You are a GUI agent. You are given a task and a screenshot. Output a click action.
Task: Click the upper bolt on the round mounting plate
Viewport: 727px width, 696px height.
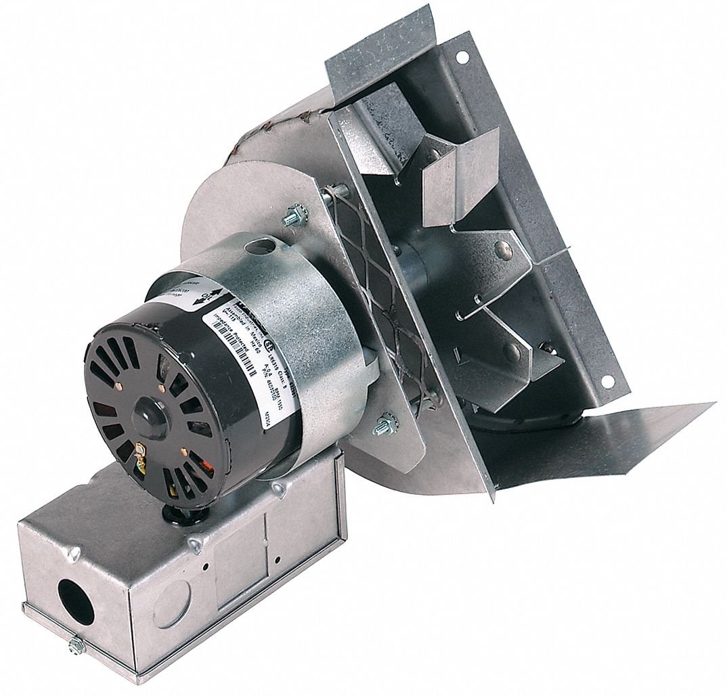pos(293,219)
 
